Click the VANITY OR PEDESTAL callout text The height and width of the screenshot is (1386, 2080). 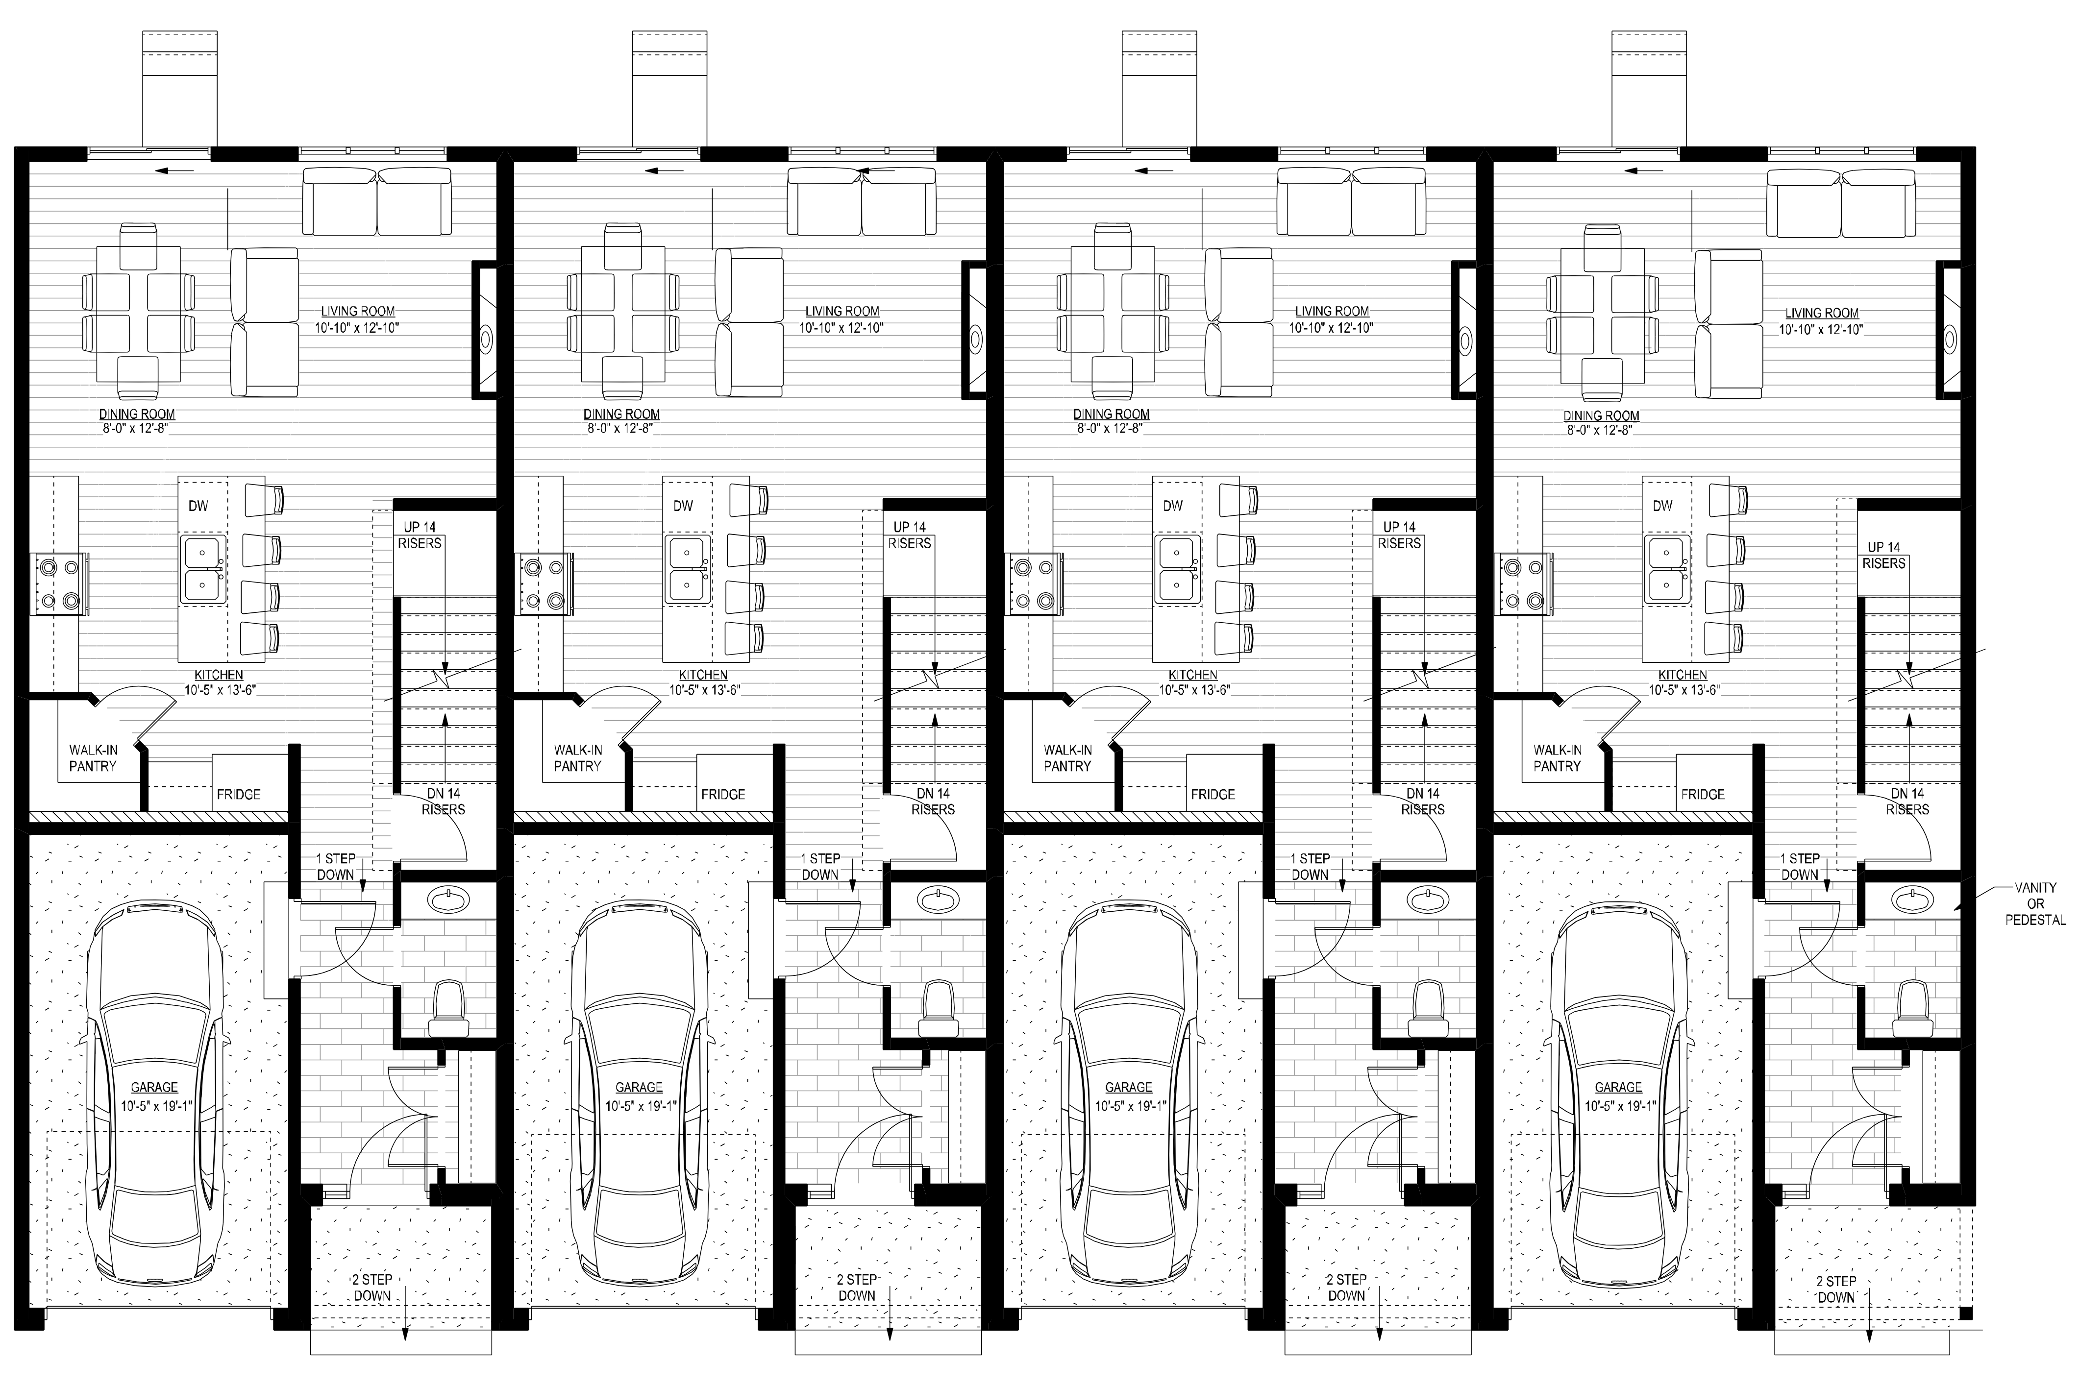2035,903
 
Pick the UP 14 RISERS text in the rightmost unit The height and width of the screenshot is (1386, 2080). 1884,555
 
